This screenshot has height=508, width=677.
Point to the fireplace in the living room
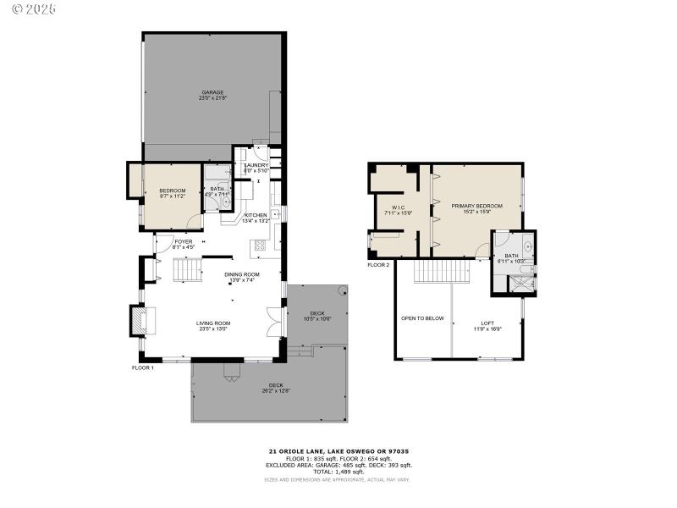138,320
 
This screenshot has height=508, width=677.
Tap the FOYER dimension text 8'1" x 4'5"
184,247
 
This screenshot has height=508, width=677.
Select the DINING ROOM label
241,274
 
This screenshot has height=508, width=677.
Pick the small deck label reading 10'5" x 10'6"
316,318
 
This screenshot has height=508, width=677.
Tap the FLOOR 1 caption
142,367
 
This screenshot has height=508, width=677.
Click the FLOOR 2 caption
378,265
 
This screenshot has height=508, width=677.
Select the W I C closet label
398,208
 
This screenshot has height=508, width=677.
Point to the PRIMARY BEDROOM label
476,206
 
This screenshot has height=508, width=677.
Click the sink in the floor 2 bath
526,247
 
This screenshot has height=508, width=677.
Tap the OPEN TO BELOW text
422,318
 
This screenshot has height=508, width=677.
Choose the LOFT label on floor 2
488,323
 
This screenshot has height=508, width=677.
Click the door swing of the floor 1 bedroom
194,222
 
